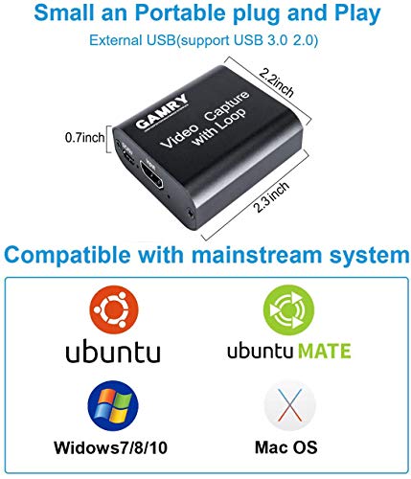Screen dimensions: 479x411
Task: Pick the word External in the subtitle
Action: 114,41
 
